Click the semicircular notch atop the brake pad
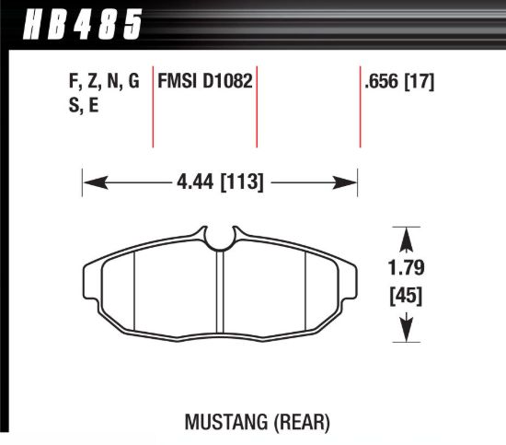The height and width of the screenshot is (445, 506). [220, 240]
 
